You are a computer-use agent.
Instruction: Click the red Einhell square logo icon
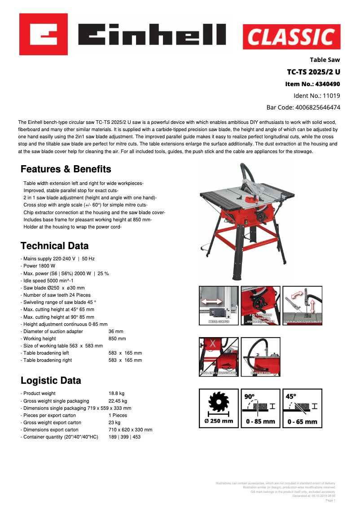point(43,34)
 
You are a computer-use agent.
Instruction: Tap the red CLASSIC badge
point(291,37)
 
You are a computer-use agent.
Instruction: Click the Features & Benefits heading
point(66,169)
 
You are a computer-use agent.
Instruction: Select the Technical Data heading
point(54,246)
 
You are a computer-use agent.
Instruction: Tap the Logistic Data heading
point(51,381)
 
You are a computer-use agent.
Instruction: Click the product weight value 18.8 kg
point(116,394)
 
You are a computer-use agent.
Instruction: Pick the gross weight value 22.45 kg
point(118,401)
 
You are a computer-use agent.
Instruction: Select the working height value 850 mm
point(117,338)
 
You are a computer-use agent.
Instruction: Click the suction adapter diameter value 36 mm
point(116,331)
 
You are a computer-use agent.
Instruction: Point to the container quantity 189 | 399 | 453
point(124,437)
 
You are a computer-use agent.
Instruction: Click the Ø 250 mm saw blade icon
point(219,408)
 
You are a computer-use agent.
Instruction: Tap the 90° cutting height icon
point(260,408)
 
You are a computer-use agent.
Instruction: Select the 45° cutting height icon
point(302,408)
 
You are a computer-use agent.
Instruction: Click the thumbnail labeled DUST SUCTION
point(260,357)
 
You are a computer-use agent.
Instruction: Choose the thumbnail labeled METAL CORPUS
point(219,306)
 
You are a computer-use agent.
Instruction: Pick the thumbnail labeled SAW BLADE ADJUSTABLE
point(302,306)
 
